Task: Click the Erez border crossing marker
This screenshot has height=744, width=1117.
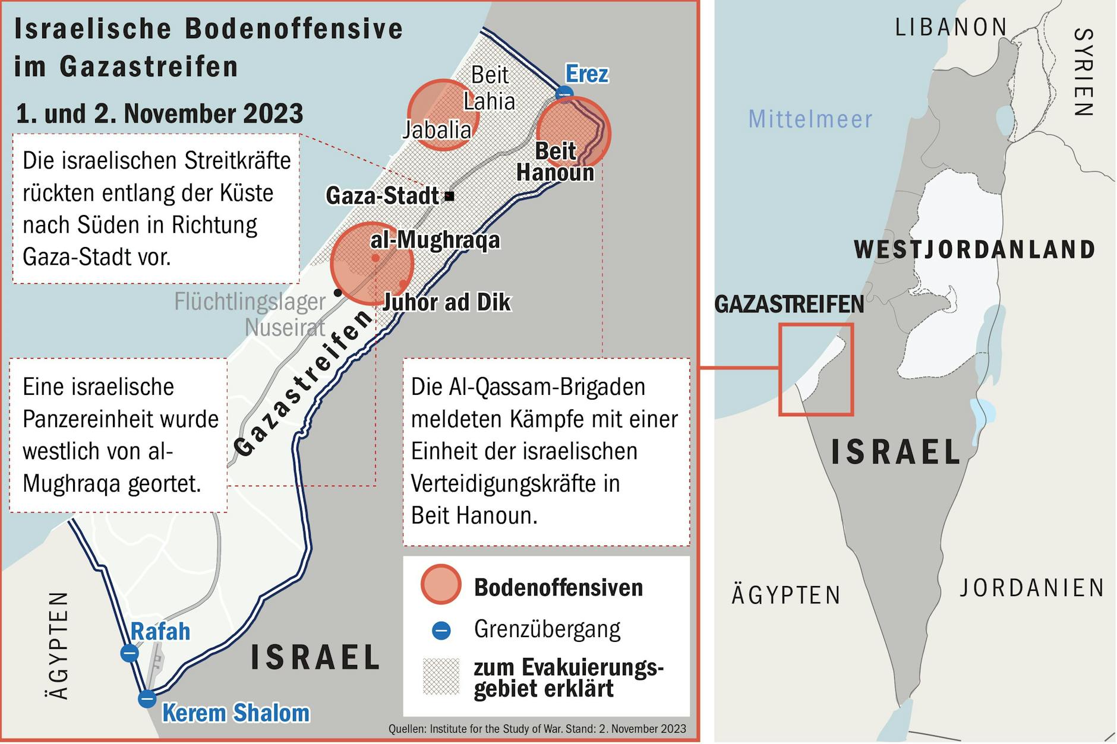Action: coord(564,94)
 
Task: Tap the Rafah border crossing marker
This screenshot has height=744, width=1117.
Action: coord(130,653)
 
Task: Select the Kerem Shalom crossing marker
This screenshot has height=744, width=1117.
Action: coord(147,698)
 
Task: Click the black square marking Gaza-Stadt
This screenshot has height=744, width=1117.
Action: coord(450,196)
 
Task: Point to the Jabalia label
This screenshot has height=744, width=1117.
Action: coord(437,129)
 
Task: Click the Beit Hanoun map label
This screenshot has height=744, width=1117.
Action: coord(555,162)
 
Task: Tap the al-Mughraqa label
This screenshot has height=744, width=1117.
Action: coord(435,240)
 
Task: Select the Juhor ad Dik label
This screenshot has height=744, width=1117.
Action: coord(447,302)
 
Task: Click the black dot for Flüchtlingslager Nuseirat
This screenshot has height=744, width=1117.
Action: coord(338,292)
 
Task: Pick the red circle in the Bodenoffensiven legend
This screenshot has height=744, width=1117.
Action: coord(441,584)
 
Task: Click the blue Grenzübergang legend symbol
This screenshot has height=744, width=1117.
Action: coord(441,630)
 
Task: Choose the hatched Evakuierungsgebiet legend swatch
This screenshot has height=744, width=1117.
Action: coord(441,676)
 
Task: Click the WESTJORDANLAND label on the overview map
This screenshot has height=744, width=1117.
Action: coord(974,249)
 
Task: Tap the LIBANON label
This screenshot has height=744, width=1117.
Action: coord(951,27)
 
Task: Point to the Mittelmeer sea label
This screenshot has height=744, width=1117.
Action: coord(810,119)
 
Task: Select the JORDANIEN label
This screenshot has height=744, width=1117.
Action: coord(1032,588)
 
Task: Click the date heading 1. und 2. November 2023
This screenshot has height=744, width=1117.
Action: coord(159,113)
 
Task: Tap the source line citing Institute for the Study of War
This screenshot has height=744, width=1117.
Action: coord(537,729)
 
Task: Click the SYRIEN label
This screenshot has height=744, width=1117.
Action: coord(1083,72)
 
